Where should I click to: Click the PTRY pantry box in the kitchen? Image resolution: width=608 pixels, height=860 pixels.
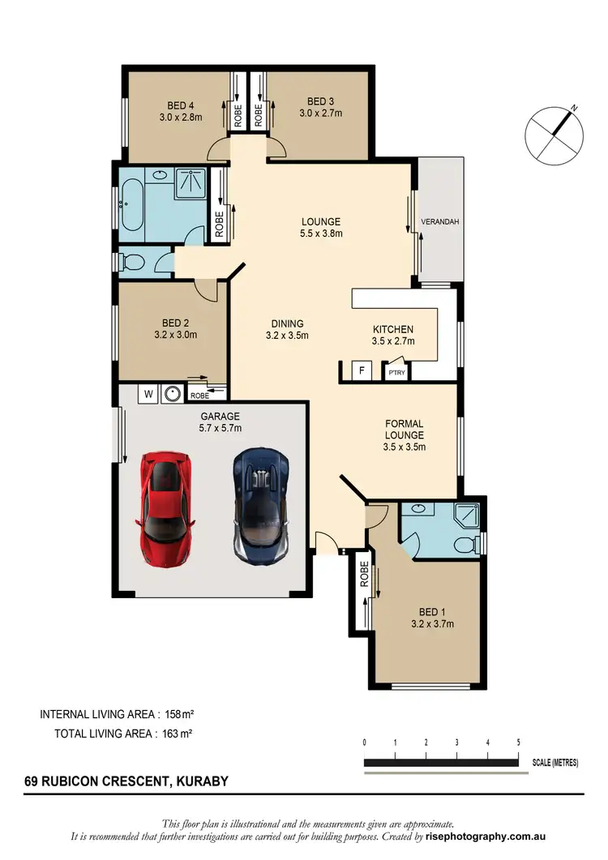click(396, 373)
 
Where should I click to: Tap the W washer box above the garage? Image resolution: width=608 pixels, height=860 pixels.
click(148, 395)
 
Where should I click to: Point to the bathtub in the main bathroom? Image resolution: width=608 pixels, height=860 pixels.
click(131, 206)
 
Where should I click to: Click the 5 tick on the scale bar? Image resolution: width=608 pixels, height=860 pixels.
click(518, 742)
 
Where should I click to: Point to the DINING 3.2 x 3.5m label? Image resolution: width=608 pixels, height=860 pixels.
click(287, 328)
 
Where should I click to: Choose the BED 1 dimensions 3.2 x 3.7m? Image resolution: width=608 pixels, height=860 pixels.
click(432, 623)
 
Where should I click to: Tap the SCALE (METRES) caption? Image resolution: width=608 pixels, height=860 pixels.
click(555, 763)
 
